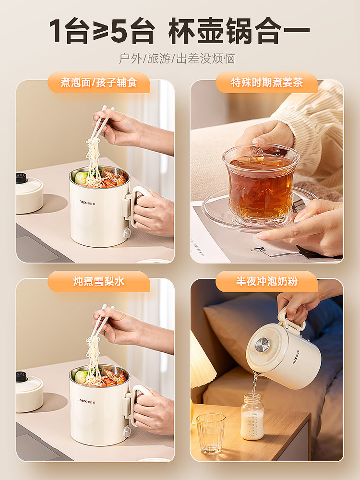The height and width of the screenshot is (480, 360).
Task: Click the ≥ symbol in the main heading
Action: click(96, 32)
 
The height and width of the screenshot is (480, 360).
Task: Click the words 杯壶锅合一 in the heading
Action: click(239, 32)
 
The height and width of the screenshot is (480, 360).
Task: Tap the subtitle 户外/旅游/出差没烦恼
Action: click(177, 59)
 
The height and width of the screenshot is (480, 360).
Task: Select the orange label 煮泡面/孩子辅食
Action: click(99, 83)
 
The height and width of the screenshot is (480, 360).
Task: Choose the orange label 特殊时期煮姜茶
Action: click(267, 83)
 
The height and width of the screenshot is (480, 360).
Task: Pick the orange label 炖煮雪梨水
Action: click(99, 281)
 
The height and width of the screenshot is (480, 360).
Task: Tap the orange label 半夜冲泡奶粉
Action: click(267, 281)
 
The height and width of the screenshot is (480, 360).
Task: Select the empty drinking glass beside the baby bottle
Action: click(210, 432)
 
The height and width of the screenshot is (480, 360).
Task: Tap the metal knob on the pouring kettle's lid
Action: click(262, 345)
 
